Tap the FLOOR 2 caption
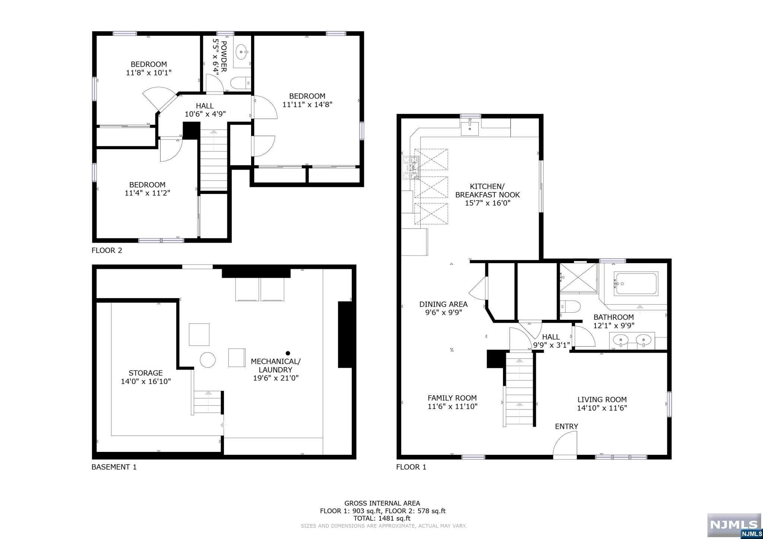pos(107,251)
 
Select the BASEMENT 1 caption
pos(114,467)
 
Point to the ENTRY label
pos(566,427)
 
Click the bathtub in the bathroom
pos(636,284)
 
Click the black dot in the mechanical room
pos(288,353)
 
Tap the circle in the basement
pos(208,360)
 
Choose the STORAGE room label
pos(146,373)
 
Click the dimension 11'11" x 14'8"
pos(307,105)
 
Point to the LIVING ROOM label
pos(602,400)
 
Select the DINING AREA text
pos(443,304)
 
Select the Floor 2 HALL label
pos(205,106)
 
